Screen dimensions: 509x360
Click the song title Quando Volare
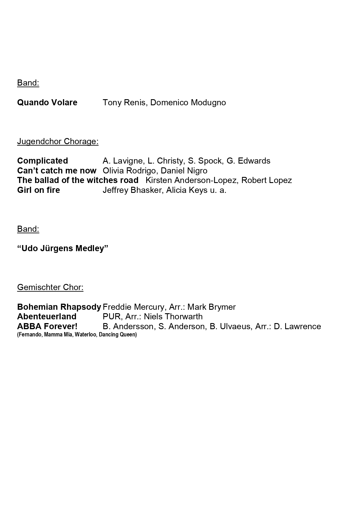(x=47, y=103)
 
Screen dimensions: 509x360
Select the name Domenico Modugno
(x=188, y=103)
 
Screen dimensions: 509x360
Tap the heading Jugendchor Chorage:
(x=58, y=142)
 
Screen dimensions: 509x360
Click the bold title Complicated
(x=42, y=161)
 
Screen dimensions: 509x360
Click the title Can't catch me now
(x=57, y=171)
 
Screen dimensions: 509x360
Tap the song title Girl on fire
(x=39, y=190)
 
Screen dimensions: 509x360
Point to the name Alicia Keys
(x=187, y=190)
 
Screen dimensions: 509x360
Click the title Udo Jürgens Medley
(x=63, y=249)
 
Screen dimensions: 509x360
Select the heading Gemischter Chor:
(x=50, y=287)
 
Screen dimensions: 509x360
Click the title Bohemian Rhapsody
(x=59, y=307)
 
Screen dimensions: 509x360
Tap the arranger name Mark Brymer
(x=211, y=307)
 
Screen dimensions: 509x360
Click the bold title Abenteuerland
(x=47, y=316)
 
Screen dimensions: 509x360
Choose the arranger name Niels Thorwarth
(x=173, y=316)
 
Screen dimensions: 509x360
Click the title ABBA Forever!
(x=47, y=326)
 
